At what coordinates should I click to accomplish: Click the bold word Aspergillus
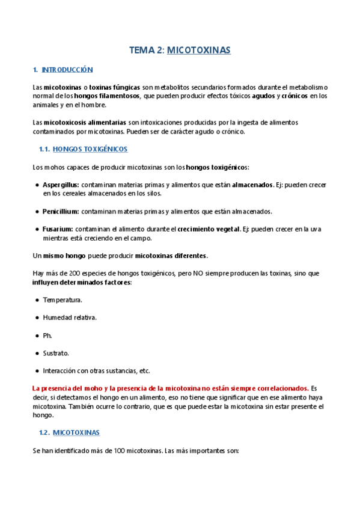(61, 185)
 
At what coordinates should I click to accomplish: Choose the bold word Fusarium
(58, 229)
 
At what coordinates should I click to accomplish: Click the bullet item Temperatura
(63, 300)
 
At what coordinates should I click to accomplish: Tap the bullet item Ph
(47, 335)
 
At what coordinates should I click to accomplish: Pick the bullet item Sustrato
(56, 352)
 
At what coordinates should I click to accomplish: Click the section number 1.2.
(43, 432)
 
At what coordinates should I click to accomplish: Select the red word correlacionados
(280, 389)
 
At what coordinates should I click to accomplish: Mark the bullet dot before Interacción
(37, 370)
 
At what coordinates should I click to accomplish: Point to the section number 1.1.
(43, 149)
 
